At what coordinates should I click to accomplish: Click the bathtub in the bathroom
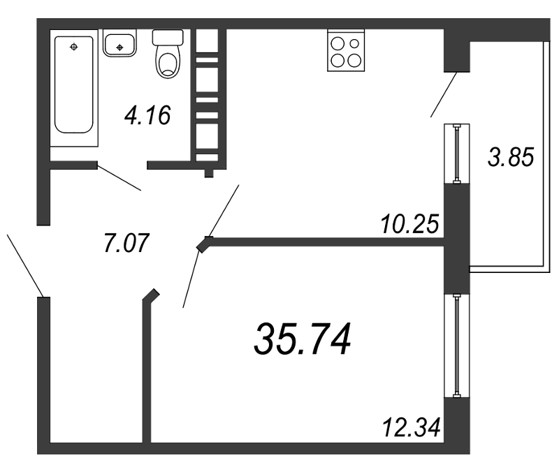(74, 87)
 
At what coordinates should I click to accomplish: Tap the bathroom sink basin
(119, 43)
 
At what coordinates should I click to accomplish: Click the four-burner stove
(346, 50)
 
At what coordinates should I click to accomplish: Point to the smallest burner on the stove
(354, 43)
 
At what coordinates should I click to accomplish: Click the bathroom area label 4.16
(147, 115)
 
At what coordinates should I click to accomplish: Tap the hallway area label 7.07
(126, 243)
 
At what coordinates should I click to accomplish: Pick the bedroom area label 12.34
(411, 427)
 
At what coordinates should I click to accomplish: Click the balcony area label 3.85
(511, 157)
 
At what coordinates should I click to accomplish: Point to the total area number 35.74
(303, 339)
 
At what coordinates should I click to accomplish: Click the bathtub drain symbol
(74, 47)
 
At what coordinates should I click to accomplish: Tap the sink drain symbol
(119, 47)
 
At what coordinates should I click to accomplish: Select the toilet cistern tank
(168, 38)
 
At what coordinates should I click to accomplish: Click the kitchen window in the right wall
(457, 154)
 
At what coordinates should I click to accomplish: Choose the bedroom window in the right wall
(457, 345)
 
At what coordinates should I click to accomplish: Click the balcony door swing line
(444, 94)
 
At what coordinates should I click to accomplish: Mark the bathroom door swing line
(119, 177)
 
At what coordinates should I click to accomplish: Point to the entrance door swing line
(25, 265)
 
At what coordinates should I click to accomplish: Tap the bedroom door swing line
(191, 279)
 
